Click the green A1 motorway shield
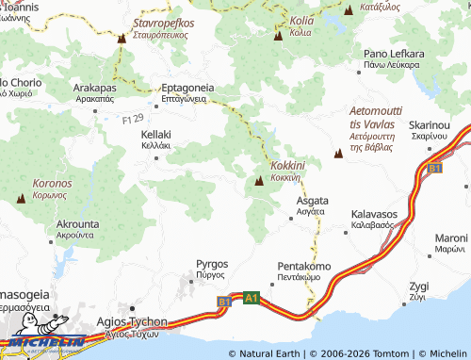pos(251,298)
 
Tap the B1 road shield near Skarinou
pos(434,168)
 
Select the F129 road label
pos(133,118)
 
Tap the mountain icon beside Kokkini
pos(259,180)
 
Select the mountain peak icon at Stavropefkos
pos(122,39)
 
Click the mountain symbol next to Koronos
pos(22,199)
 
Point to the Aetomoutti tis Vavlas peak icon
pos(337,153)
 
